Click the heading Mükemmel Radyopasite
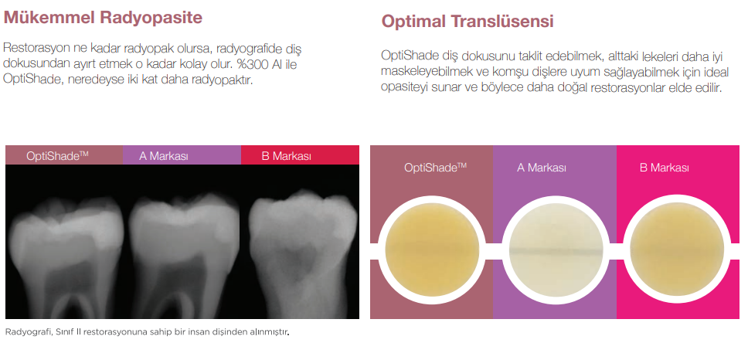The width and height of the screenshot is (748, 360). [x=103, y=18]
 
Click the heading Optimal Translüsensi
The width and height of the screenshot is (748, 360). [x=467, y=22]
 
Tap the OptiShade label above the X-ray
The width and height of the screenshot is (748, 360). [x=58, y=156]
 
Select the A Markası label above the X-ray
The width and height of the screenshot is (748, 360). [x=164, y=156]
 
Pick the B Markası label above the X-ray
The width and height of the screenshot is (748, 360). [x=286, y=156]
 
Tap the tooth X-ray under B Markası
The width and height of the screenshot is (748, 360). [x=303, y=253]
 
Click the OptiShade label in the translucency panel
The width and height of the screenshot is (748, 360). [x=435, y=168]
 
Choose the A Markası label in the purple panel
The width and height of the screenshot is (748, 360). [x=542, y=168]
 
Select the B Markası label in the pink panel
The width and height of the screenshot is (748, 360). [x=664, y=168]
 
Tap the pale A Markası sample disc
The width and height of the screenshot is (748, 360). [x=556, y=250]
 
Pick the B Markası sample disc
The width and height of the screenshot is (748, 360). [x=677, y=250]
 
